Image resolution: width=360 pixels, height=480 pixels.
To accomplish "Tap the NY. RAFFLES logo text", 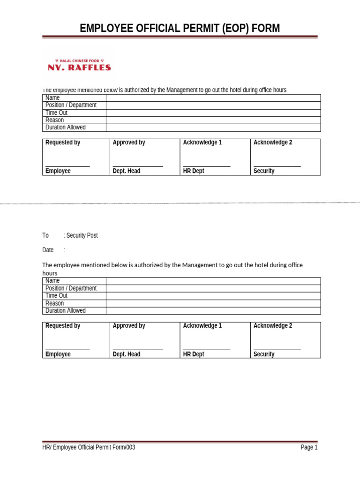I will click(80, 67).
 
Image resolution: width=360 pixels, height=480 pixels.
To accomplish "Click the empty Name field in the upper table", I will click(213, 98).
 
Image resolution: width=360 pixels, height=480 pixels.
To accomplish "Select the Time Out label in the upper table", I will click(57, 112).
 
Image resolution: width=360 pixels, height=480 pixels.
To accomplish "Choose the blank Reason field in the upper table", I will click(213, 120).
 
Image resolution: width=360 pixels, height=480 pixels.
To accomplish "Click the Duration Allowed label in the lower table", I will click(66, 310).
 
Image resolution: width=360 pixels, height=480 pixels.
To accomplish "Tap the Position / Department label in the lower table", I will click(71, 288).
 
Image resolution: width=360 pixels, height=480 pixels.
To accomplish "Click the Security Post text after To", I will click(82, 235).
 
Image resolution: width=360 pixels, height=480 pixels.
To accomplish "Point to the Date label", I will click(48, 250).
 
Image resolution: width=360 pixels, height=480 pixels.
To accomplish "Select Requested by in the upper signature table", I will click(63, 142).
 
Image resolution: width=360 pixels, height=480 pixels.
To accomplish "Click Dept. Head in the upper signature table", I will click(127, 171).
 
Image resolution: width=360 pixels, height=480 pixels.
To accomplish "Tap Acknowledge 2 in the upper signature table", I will click(273, 142).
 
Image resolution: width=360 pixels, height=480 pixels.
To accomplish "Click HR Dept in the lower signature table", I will click(194, 354).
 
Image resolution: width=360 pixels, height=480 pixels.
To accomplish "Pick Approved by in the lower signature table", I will click(129, 326).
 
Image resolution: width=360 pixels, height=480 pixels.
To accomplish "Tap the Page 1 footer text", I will click(309, 448).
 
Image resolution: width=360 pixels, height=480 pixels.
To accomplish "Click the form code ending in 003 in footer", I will click(89, 448).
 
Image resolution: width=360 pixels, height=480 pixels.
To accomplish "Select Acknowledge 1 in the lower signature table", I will click(202, 326).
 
